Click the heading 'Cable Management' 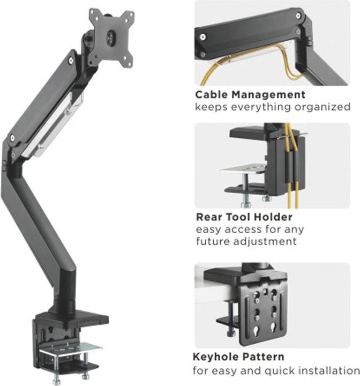pyautogui.click(x=250, y=95)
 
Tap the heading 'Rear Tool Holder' pyautogui.click(x=243, y=217)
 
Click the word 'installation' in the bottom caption pyautogui.click(x=327, y=370)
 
